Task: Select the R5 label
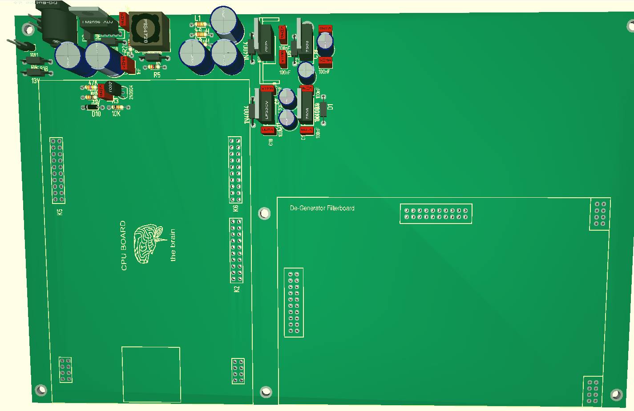pyautogui.click(x=157, y=75)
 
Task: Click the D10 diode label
pyautogui.click(x=96, y=114)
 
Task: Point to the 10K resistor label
pyautogui.click(x=116, y=114)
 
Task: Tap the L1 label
pyautogui.click(x=198, y=18)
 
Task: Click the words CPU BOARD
pyautogui.click(x=124, y=245)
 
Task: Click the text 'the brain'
pyautogui.click(x=173, y=245)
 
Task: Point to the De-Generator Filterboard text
pyautogui.click(x=322, y=208)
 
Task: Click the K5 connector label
pyautogui.click(x=60, y=212)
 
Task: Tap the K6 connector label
pyautogui.click(x=236, y=208)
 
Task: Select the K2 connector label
pyautogui.click(x=237, y=289)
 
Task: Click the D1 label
pyautogui.click(x=331, y=106)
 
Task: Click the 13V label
pyautogui.click(x=36, y=81)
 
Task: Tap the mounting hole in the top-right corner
pyautogui.click(x=630, y=26)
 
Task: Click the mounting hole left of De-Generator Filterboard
pyautogui.click(x=265, y=214)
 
